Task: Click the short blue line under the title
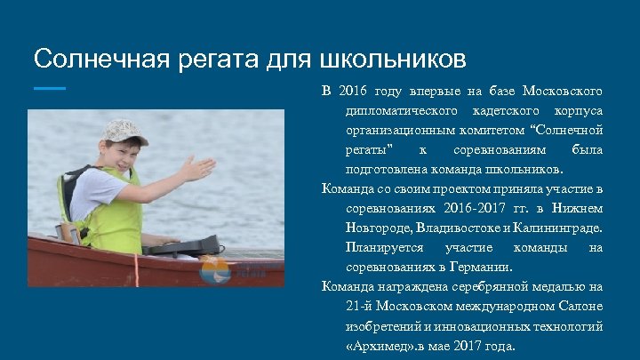point(50,89)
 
